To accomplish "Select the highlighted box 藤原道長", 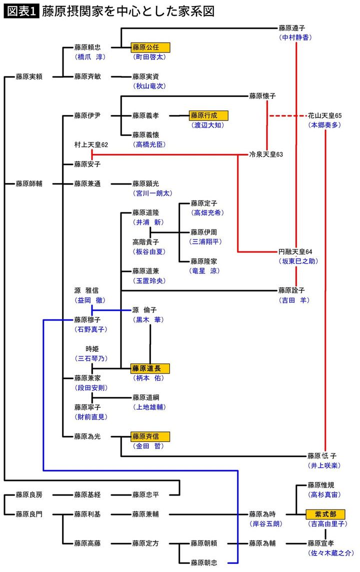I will [x=150, y=368].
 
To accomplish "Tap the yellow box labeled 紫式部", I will [x=325, y=514].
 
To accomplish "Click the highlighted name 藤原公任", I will [x=150, y=47].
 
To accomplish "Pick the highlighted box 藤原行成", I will [x=208, y=115].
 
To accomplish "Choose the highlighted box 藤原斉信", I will [x=150, y=436].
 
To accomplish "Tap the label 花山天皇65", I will [x=324, y=115].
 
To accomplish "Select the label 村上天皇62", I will [x=91, y=144].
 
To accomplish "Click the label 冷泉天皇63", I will [x=266, y=154].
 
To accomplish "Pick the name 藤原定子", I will [x=203, y=203].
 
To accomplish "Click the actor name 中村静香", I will [x=295, y=37].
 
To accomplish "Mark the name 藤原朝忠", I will [x=203, y=562].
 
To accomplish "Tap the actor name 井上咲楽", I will [x=324, y=465].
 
